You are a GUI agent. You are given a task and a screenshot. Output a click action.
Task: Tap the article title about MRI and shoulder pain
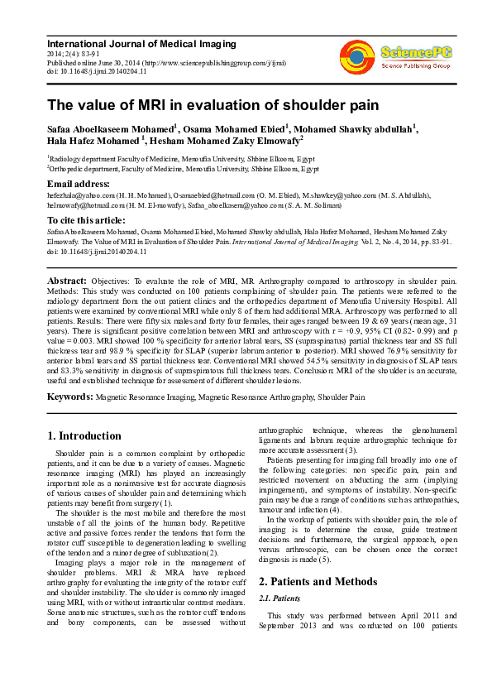point(213,105)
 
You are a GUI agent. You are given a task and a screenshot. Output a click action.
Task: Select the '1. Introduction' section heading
point(84,436)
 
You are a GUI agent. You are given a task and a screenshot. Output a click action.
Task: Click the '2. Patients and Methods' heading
point(314,581)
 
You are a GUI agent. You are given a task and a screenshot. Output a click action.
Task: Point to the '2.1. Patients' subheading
point(279,598)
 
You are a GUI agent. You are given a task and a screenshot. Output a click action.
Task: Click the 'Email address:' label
point(79,183)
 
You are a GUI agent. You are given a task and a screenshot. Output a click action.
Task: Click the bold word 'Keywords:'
point(70,397)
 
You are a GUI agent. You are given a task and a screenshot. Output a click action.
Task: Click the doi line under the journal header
point(97,71)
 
